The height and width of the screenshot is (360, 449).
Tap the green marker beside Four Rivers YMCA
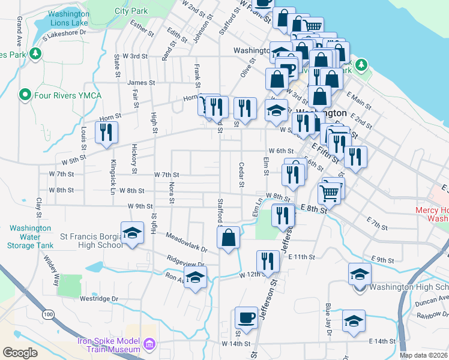pos(25,95)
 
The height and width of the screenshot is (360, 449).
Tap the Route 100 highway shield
pos(48,314)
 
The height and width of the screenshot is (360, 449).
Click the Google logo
pos(20,352)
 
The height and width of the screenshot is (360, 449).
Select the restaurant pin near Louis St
pos(107,132)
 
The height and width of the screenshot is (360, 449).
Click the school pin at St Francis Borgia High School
pos(132,233)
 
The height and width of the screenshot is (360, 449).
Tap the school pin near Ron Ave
pos(195,277)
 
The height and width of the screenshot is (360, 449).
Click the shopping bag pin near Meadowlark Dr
pos(229,238)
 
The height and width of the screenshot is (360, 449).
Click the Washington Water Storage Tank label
pos(30,236)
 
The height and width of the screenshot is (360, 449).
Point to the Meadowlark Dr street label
pos(187,242)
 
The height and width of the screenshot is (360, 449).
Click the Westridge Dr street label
pos(99,298)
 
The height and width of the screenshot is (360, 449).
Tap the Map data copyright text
pos(424,355)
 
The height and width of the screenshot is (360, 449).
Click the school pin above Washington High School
pos(359,274)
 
